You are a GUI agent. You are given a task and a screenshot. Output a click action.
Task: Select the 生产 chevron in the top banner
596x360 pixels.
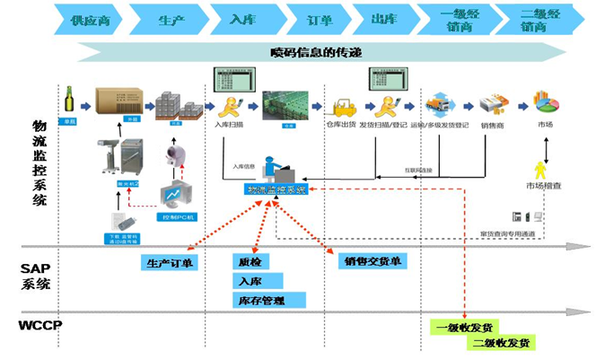click(x=168, y=19)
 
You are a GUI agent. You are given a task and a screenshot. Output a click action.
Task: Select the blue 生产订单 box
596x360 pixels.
click(x=171, y=263)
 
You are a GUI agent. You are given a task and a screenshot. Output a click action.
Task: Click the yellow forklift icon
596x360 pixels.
click(x=344, y=109)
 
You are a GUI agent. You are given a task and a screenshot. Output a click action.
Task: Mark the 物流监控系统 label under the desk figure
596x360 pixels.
click(x=276, y=191)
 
